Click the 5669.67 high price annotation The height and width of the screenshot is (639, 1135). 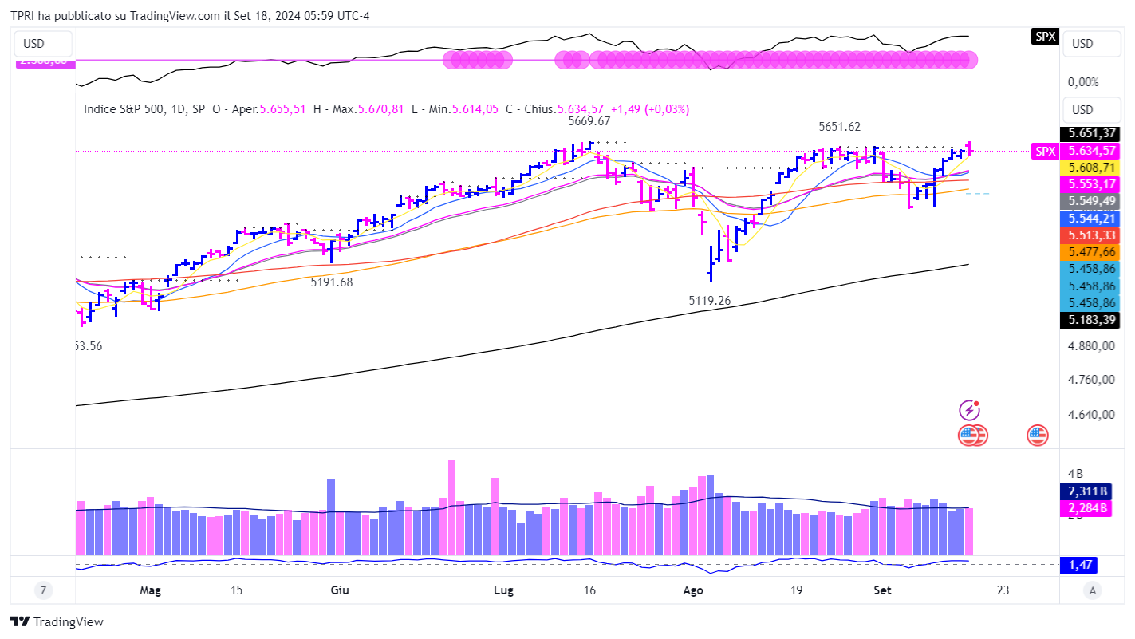(589, 121)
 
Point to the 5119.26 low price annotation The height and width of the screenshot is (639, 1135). (710, 301)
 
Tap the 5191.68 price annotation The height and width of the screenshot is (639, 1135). (332, 282)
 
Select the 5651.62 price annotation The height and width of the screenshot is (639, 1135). (839, 127)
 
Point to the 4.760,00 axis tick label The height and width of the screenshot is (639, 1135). (1092, 380)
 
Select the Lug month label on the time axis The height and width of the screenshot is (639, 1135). (503, 590)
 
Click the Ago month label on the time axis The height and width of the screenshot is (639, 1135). (693, 590)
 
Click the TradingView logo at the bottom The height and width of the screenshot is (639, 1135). (57, 621)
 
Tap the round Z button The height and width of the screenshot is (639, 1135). (43, 590)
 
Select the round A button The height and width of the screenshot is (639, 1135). (1093, 590)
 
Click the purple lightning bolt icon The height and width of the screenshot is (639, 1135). (969, 411)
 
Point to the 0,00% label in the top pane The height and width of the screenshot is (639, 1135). (1082, 81)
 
